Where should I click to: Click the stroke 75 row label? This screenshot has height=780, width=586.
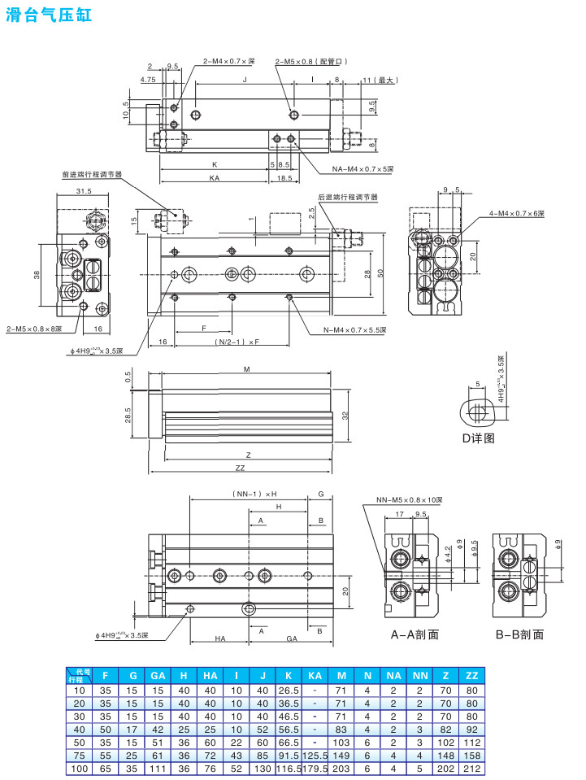coord(80,755)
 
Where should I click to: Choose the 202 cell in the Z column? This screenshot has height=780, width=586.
coord(445,768)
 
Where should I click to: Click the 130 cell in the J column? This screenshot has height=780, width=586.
coord(263,768)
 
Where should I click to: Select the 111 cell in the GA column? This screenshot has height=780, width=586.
coord(158,768)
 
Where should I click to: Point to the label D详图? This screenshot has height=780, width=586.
coord(478,438)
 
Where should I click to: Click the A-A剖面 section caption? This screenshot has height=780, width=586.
coord(415,634)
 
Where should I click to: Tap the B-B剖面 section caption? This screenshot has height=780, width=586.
coord(519,634)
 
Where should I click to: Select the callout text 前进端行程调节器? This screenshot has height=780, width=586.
coord(92,174)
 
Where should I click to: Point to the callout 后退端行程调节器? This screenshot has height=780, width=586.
coord(348,197)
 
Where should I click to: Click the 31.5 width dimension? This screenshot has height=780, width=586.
coord(84,191)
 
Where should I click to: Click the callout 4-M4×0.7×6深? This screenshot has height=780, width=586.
coord(517,213)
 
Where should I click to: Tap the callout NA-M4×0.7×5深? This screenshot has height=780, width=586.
coord(362,169)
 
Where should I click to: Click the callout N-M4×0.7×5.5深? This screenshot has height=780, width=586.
coord(354,329)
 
